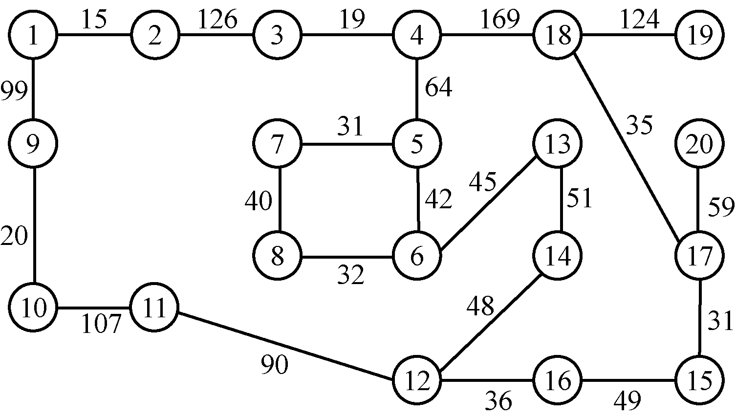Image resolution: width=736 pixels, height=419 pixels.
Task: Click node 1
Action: click(x=33, y=36)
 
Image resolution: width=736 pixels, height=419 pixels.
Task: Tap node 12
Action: click(x=416, y=380)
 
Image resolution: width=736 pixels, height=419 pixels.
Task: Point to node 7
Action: click(x=278, y=144)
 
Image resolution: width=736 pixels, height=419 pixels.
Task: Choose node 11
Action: click(x=154, y=308)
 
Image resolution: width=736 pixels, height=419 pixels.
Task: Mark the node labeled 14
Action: click(x=558, y=256)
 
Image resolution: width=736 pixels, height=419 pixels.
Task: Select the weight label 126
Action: click(x=217, y=20)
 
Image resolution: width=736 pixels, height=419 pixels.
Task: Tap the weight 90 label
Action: click(x=274, y=365)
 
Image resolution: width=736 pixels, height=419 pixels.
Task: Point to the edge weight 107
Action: click(x=101, y=324)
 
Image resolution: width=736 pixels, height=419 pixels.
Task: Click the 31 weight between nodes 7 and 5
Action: click(x=350, y=127)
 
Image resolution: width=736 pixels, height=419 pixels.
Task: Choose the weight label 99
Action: click(x=13, y=91)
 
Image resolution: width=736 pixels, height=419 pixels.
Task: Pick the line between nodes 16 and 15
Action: click(x=628, y=380)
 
